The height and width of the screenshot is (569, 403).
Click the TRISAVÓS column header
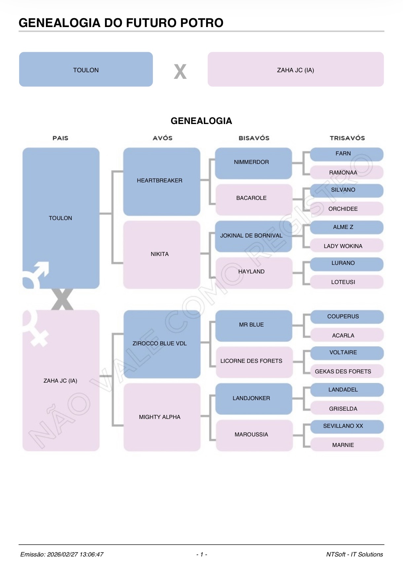(x=347, y=138)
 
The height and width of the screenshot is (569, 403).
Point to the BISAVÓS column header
(x=254, y=138)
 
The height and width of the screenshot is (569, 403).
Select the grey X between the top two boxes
(x=180, y=72)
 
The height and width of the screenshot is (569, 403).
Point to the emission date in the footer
(x=62, y=554)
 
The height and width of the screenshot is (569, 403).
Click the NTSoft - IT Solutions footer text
(x=354, y=554)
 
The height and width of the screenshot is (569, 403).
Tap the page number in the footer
(x=201, y=554)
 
